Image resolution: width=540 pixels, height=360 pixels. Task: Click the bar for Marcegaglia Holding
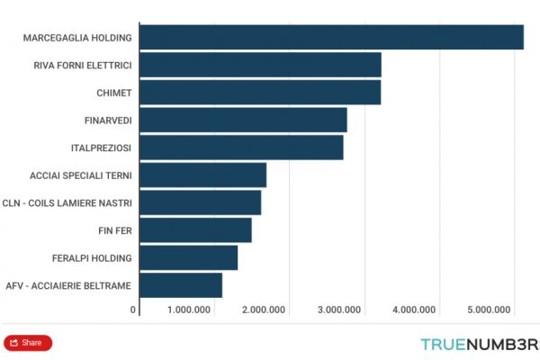click(x=332, y=37)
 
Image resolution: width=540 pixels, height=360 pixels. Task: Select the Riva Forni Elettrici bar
click(x=261, y=65)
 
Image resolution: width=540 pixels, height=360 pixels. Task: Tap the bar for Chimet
click(x=261, y=93)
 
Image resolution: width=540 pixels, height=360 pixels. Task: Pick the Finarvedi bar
click(x=244, y=120)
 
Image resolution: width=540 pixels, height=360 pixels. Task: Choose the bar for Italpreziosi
click(x=242, y=148)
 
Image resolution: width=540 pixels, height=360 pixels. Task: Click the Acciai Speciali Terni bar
click(x=203, y=175)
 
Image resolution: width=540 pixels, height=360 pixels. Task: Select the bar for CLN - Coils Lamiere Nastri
click(x=201, y=202)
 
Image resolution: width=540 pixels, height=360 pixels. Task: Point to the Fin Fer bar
click(x=196, y=230)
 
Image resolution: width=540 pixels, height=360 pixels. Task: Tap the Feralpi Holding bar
click(x=189, y=258)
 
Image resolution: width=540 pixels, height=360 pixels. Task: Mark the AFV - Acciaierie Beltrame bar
click(x=181, y=285)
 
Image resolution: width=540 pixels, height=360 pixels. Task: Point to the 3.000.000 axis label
click(x=339, y=310)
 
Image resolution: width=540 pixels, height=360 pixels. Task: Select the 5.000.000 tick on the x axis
click(x=489, y=310)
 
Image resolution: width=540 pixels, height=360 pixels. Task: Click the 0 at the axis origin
click(x=133, y=310)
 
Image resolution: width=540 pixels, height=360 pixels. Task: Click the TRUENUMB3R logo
click(x=479, y=343)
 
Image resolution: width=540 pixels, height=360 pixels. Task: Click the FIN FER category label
click(x=115, y=230)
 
